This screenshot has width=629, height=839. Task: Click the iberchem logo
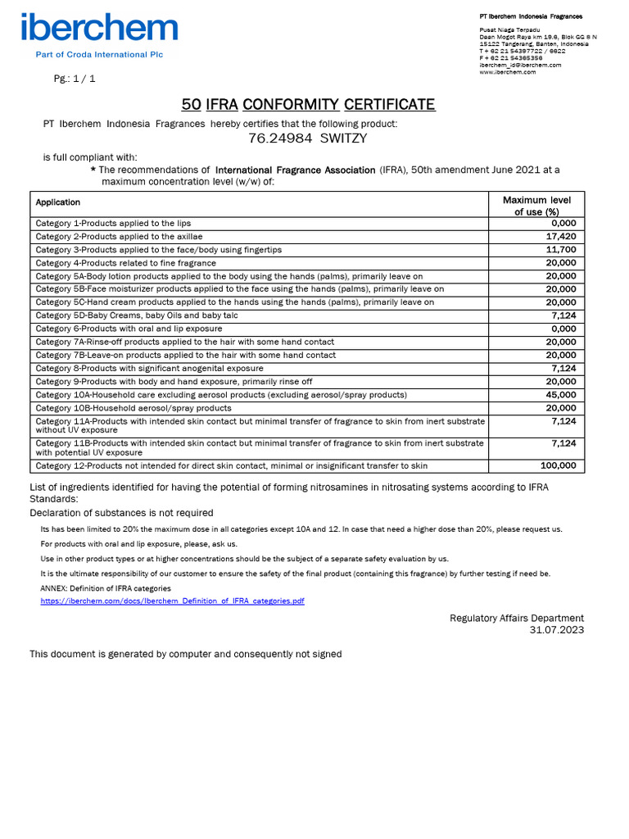point(100,28)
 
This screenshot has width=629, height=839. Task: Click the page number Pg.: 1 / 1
point(75,79)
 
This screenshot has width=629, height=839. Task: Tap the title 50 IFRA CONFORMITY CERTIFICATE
point(308,104)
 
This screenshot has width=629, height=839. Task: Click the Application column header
point(58,202)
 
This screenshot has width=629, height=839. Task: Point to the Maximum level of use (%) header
point(536,206)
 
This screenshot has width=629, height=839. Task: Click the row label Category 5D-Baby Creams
point(137,315)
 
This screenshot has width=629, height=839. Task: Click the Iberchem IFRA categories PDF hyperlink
point(173,601)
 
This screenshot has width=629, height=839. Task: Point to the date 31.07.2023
point(557,630)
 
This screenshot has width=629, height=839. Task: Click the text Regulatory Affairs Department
point(517,618)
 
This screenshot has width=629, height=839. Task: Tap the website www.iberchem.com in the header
point(508,72)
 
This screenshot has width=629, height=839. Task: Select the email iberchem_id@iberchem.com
point(520,65)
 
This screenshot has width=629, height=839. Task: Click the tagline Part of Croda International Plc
point(98,55)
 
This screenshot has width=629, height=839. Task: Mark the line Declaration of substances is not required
point(121,513)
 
